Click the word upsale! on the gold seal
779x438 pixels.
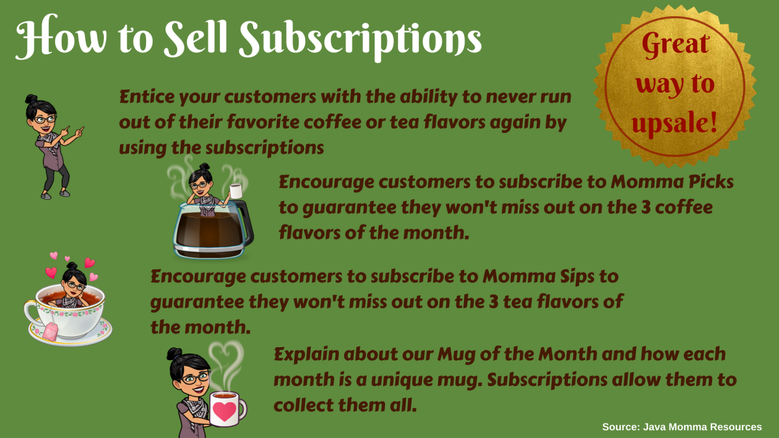coord(677,122)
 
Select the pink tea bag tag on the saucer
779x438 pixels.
coord(50,333)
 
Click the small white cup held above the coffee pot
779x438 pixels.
coord(236,190)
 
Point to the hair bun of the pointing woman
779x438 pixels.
coord(31,101)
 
